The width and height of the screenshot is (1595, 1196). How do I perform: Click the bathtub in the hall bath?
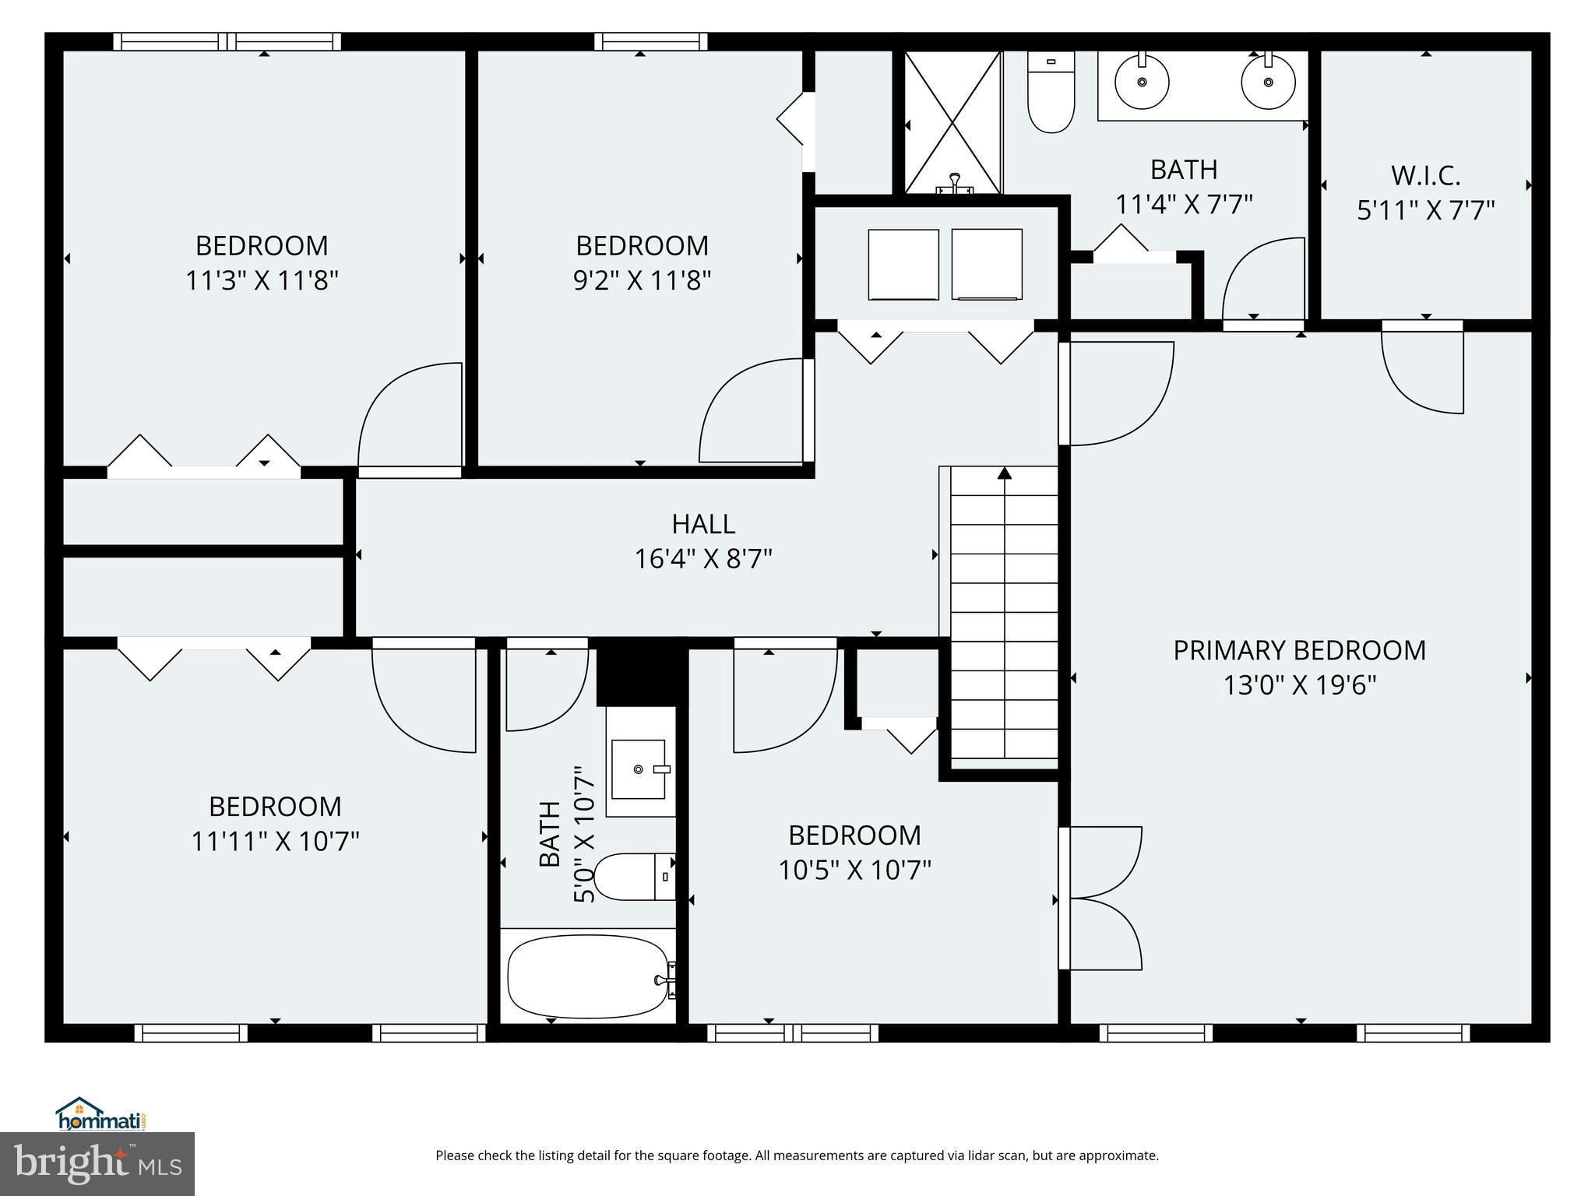588,976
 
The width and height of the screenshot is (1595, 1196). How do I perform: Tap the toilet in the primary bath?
1051,92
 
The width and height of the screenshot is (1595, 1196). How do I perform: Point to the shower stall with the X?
952,121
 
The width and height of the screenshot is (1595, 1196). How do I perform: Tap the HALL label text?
703,524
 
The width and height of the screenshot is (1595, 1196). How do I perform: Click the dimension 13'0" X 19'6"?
1299,685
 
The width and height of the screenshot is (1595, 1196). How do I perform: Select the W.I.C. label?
1425,176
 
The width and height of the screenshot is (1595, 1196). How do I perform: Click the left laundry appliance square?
903,264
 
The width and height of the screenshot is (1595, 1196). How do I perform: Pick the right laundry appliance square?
987,264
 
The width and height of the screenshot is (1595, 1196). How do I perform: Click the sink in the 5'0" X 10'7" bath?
639,769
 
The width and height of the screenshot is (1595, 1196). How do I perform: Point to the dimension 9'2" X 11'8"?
642,280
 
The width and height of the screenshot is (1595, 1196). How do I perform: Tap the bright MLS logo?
97,1163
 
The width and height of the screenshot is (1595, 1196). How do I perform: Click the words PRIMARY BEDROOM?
1299,650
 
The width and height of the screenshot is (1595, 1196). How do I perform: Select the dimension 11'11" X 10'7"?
275,841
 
